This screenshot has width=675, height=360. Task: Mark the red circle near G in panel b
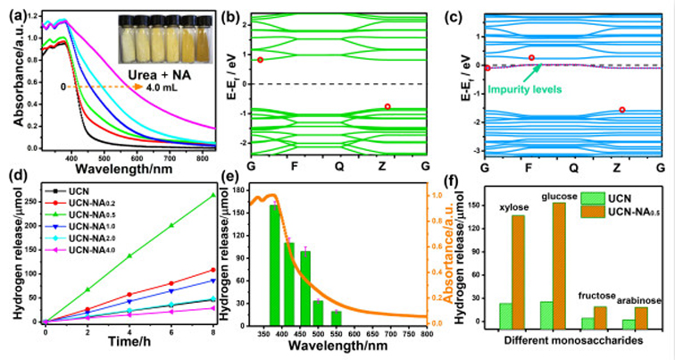tap(260, 60)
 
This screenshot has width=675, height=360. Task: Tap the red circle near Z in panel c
tap(622, 110)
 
